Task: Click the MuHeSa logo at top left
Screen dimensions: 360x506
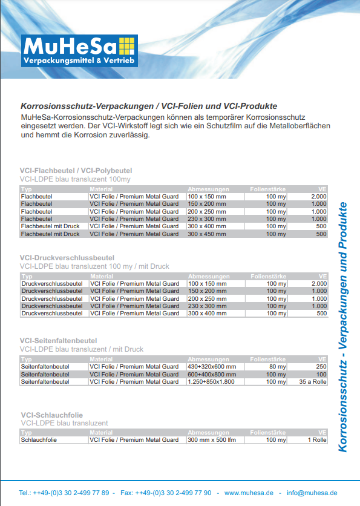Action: (x=79, y=51)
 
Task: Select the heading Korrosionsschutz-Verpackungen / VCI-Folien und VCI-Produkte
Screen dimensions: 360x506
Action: (x=149, y=105)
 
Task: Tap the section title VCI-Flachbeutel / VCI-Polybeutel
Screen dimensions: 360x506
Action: (x=76, y=171)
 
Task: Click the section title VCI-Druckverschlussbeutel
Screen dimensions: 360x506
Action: (x=67, y=258)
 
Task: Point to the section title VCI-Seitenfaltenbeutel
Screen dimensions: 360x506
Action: (x=58, y=341)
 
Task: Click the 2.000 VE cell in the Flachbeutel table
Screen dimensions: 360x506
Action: (x=318, y=197)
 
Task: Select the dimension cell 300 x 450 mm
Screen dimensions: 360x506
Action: (x=207, y=234)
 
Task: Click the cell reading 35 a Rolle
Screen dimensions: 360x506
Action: (x=313, y=382)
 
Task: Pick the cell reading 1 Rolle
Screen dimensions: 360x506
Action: (x=316, y=440)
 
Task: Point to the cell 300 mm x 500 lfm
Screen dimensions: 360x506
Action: (x=211, y=440)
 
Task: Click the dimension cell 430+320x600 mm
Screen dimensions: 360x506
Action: (x=216, y=367)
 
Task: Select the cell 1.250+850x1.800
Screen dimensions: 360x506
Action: (x=211, y=382)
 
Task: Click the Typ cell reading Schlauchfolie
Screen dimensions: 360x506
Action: (x=39, y=440)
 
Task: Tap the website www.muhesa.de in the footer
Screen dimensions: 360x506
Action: (x=249, y=493)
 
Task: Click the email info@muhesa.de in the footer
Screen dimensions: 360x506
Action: (x=312, y=493)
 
